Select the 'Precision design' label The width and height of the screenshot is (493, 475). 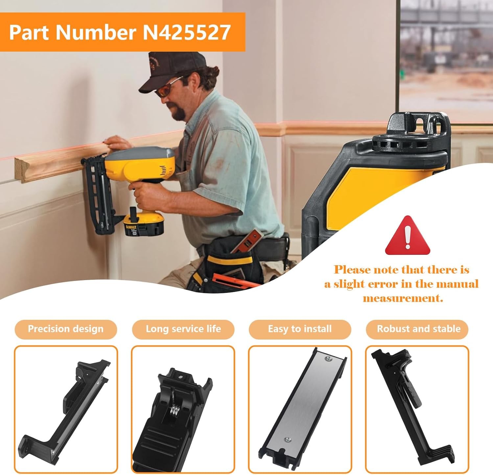click(x=66, y=329)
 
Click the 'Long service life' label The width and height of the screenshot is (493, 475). click(x=183, y=329)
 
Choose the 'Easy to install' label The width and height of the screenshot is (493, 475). click(x=300, y=329)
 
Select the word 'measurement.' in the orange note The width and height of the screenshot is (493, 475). click(x=403, y=298)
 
